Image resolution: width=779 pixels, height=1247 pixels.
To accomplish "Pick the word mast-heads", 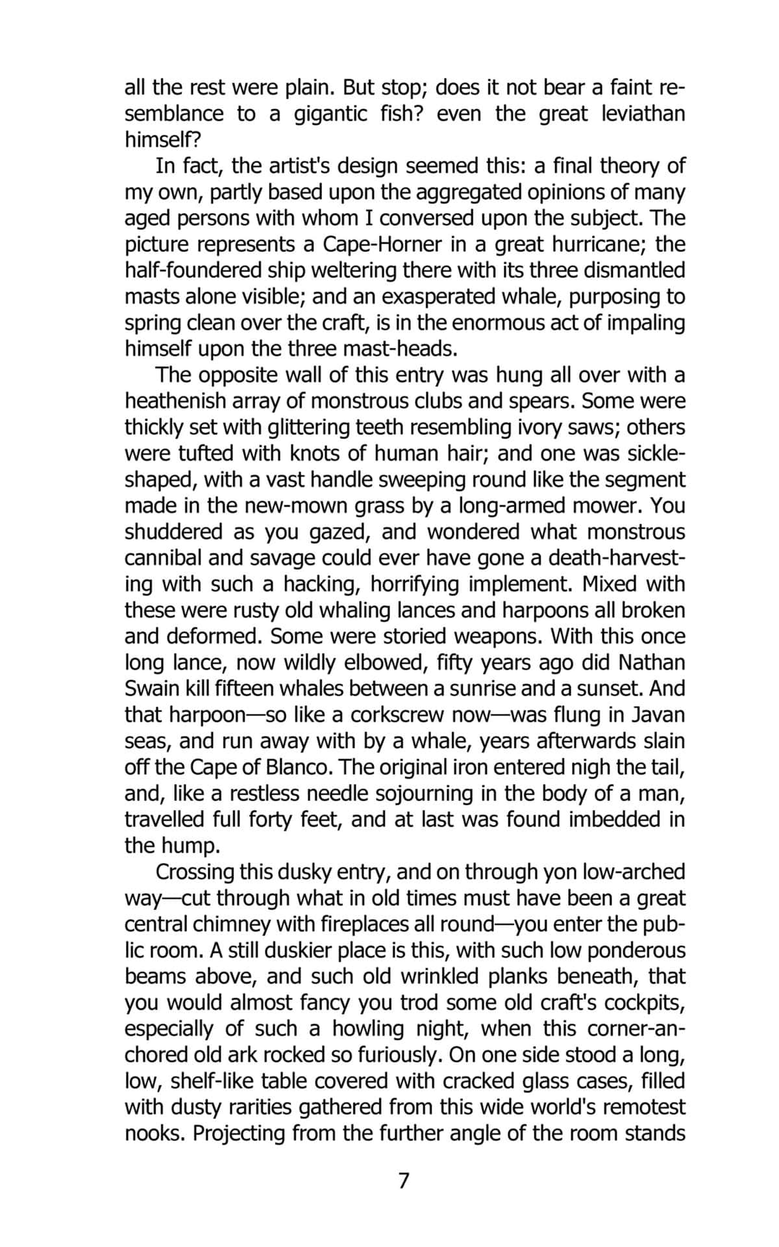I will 399,349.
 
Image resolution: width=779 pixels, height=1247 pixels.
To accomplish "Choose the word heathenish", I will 174,401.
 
